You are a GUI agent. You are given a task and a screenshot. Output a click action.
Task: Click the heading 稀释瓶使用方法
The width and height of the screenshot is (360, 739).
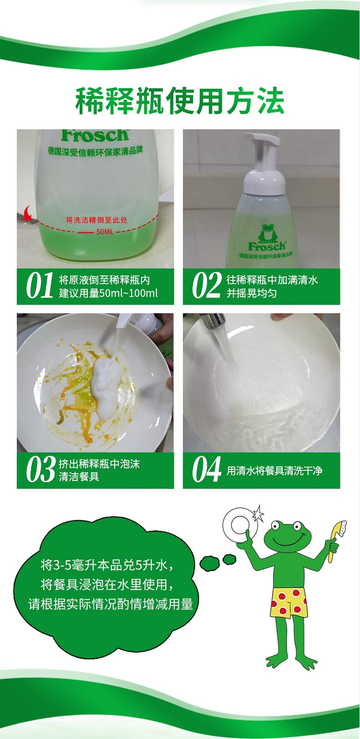pyautogui.click(x=180, y=101)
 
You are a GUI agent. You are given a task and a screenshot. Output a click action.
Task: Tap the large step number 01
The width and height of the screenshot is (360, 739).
pyautogui.click(x=39, y=286)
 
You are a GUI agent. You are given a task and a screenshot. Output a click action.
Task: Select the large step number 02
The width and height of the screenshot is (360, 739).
pyautogui.click(x=207, y=286)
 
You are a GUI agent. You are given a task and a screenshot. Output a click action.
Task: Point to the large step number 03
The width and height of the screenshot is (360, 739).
pyautogui.click(x=41, y=469)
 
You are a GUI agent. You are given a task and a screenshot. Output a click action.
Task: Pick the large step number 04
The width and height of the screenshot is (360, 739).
pyautogui.click(x=207, y=469)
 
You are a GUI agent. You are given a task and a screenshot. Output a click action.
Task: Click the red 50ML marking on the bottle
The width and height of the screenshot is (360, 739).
pyautogui.click(x=105, y=232)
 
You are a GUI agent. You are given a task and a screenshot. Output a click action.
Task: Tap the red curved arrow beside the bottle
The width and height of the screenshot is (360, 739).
pyautogui.click(x=26, y=213)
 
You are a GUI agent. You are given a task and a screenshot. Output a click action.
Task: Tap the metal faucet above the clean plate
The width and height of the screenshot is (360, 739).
pyautogui.click(x=214, y=320)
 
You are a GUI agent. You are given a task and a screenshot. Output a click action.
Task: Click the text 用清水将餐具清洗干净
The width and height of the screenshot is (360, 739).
pyautogui.click(x=274, y=471)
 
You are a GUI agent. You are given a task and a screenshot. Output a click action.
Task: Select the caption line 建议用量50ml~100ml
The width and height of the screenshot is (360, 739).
pyautogui.click(x=108, y=293)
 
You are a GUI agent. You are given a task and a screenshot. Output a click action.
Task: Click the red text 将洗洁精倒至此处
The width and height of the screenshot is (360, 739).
pyautogui.click(x=96, y=220)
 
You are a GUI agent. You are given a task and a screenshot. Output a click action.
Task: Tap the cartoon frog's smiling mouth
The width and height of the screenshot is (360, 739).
pyautogui.click(x=287, y=541)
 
